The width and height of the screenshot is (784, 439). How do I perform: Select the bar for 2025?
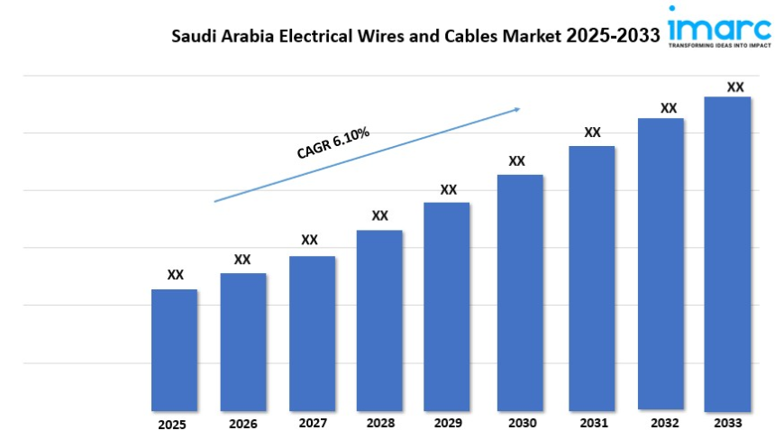pyautogui.click(x=174, y=350)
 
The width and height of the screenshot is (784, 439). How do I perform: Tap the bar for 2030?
pyautogui.click(x=520, y=292)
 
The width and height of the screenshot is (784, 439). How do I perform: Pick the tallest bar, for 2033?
pyautogui.click(x=727, y=253)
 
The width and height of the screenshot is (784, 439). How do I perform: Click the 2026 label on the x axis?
pyautogui.click(x=242, y=424)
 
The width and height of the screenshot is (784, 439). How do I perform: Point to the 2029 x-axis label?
pyautogui.click(x=448, y=423)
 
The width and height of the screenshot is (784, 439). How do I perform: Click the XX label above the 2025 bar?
pyautogui.click(x=176, y=275)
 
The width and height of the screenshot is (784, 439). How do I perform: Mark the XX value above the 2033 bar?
pyautogui.click(x=735, y=87)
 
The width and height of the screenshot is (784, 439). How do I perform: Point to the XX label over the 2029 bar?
pyautogui.click(x=449, y=189)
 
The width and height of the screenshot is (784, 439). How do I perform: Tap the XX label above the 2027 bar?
pyautogui.click(x=310, y=240)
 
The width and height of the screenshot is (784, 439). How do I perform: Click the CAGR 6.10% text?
pyautogui.click(x=333, y=143)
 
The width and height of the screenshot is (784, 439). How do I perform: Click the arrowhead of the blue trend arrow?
pyautogui.click(x=517, y=109)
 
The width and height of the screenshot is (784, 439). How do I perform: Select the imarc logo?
pyautogui.click(x=720, y=22)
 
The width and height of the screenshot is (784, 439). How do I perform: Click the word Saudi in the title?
pyautogui.click(x=195, y=37)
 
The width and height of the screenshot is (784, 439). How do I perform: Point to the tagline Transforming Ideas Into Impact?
pyautogui.click(x=720, y=43)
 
